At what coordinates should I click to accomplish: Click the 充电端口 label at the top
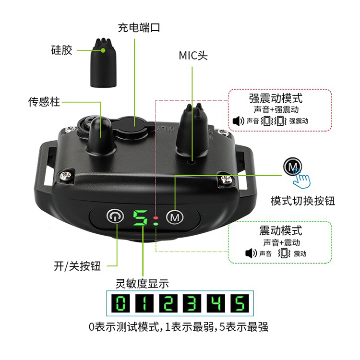click(x=139, y=27)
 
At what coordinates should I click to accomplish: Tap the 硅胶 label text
click(x=62, y=49)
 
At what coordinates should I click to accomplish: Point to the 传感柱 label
click(x=44, y=102)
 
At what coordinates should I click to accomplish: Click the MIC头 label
click(x=193, y=56)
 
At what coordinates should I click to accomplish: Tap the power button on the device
click(x=113, y=216)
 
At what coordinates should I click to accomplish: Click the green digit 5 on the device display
click(x=140, y=219)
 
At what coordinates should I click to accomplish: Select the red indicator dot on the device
click(x=156, y=219)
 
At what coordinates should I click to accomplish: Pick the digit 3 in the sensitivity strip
click(x=191, y=303)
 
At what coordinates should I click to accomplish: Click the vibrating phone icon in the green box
click(x=284, y=253)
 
